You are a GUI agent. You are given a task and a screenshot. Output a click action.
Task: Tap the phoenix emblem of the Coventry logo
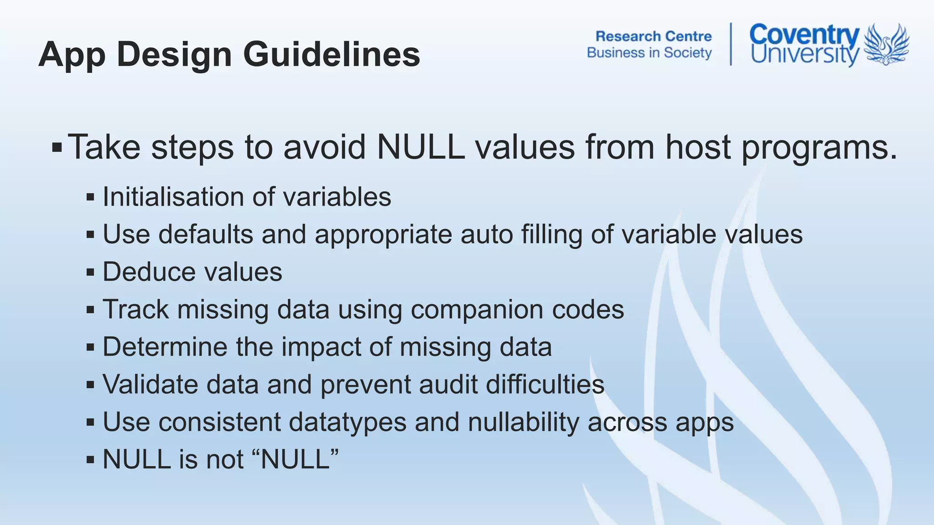click(887, 44)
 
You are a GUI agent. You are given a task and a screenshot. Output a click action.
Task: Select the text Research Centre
click(653, 36)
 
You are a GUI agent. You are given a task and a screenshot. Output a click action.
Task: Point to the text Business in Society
click(649, 53)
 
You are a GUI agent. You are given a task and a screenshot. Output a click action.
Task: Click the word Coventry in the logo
click(804, 35)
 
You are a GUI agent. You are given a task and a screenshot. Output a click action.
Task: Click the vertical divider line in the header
click(731, 44)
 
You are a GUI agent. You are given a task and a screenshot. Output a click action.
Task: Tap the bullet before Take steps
click(57, 148)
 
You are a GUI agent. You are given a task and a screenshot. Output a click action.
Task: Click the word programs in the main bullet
click(819, 148)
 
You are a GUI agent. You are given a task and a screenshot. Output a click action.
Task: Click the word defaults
click(206, 234)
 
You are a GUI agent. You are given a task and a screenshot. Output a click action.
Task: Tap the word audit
click(448, 384)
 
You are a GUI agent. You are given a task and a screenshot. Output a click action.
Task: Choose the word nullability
click(523, 422)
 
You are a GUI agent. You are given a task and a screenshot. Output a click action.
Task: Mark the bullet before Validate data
click(90, 385)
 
